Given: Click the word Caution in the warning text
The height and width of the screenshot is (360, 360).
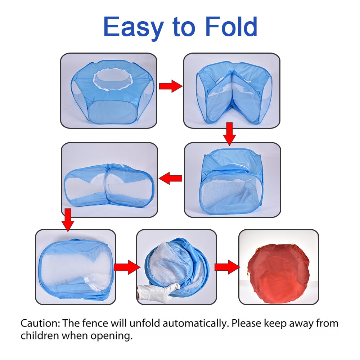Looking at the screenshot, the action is (x=40, y=323).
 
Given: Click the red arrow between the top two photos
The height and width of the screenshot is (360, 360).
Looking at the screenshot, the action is (x=171, y=86).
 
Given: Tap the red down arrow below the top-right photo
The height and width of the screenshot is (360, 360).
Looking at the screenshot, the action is (x=229, y=134).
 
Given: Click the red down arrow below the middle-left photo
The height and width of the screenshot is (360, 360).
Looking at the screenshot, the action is (x=68, y=220).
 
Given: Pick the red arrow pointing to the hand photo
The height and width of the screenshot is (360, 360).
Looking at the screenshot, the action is (x=127, y=267).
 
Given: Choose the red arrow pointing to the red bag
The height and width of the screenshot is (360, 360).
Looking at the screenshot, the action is (x=227, y=267).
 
